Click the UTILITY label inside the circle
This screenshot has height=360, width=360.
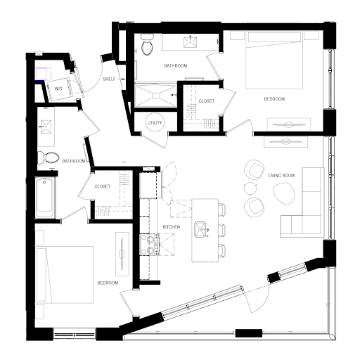click(155, 123)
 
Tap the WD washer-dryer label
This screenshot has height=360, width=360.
click(58, 89)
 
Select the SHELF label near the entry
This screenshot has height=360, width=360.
click(109, 79)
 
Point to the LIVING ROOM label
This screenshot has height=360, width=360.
click(281, 176)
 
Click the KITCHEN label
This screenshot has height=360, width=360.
click(172, 227)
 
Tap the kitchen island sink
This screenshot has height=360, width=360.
click(200, 229)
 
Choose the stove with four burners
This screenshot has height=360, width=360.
click(150, 245)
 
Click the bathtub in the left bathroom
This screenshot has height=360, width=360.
click(44, 198)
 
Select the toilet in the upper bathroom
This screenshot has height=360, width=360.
click(147, 44)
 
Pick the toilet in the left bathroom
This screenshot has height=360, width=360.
click(48, 157)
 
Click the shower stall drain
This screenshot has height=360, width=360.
click(155, 96)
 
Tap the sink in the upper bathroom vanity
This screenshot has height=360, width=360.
click(191, 41)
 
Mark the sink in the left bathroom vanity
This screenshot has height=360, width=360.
click(46, 127)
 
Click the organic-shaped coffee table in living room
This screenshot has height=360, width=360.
click(283, 193)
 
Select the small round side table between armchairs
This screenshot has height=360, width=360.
click(251, 188)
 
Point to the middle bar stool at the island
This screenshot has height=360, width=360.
click(221, 230)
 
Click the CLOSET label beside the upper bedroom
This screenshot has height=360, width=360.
click(207, 101)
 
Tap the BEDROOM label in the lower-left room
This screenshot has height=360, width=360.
click(108, 283)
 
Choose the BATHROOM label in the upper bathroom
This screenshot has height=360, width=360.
click(176, 66)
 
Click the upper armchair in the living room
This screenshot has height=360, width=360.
click(254, 170)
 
